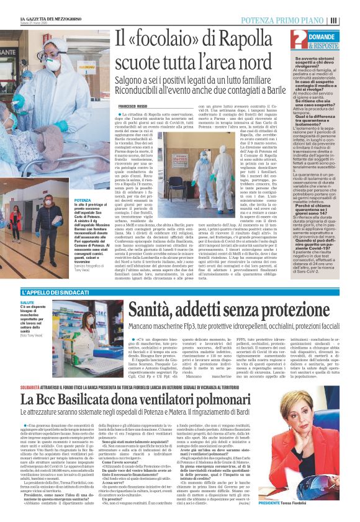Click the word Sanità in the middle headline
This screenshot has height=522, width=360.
pos(152,307)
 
